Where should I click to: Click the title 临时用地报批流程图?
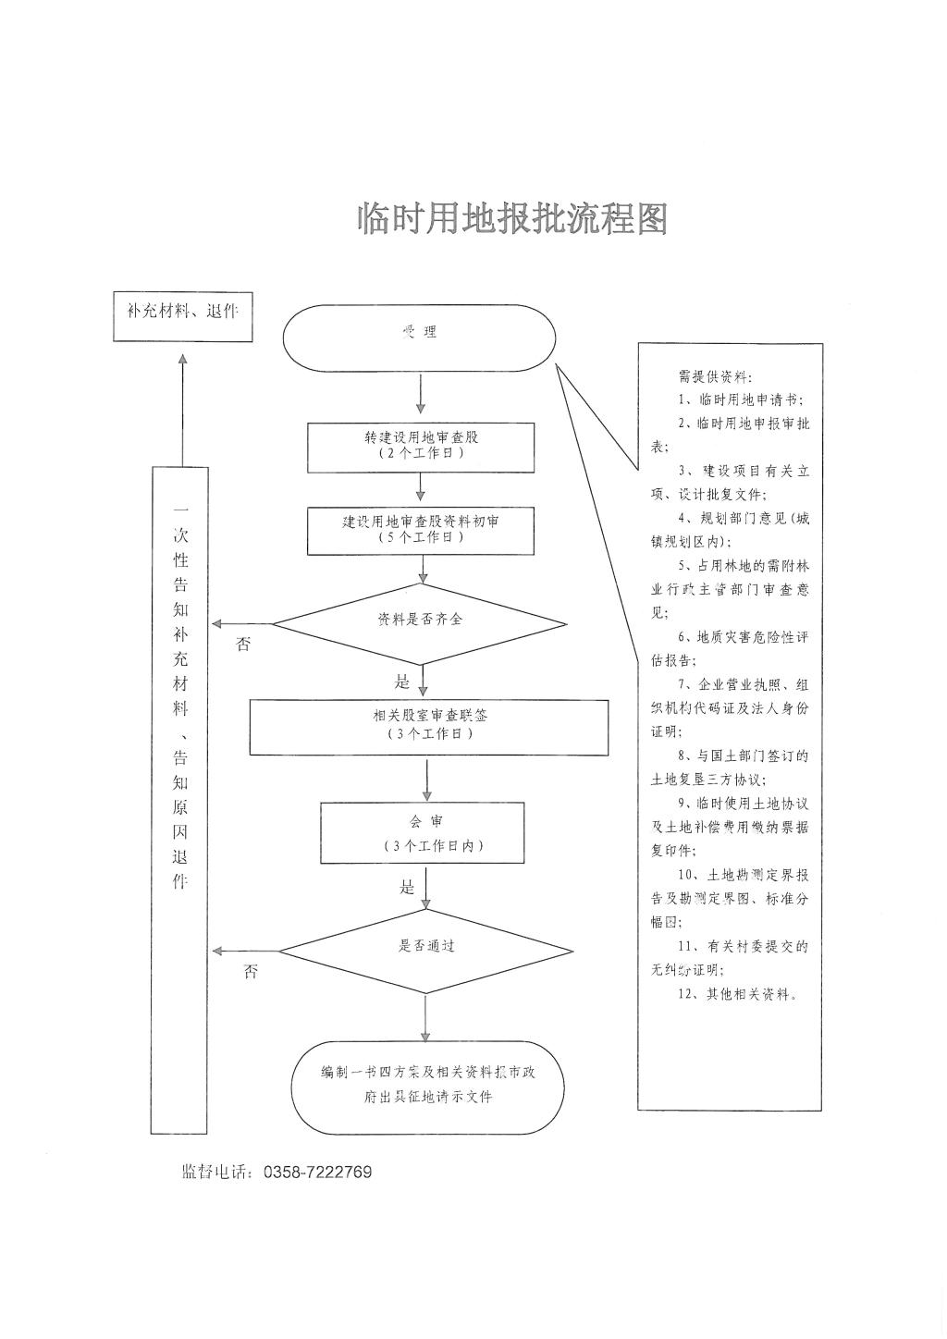click(512, 219)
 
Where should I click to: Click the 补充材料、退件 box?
click(182, 313)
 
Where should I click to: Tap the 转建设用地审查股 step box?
click(421, 446)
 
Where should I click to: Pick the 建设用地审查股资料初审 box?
click(421, 530)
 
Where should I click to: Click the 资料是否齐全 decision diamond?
click(420, 622)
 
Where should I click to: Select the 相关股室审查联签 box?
click(429, 726)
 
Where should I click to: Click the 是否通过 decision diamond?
click(426, 949)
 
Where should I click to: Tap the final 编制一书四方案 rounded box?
click(427, 1087)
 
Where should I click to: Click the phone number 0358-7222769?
click(317, 1173)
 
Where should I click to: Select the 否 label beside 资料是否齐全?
click(243, 645)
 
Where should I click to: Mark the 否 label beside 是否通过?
click(251, 972)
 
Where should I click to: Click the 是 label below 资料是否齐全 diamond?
click(402, 682)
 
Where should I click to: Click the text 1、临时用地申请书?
click(740, 400)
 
